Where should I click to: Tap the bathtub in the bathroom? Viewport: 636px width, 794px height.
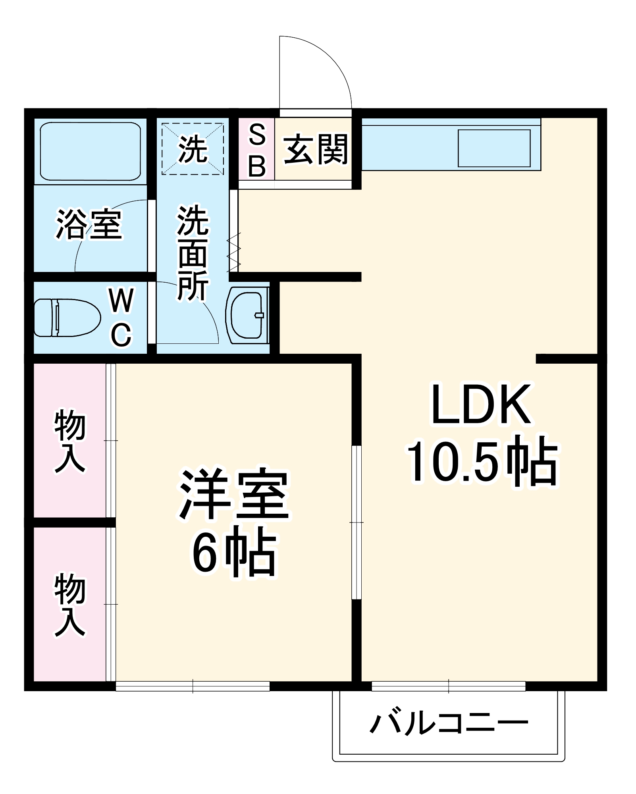click(x=91, y=151)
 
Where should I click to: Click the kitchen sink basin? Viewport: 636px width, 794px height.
click(x=494, y=148)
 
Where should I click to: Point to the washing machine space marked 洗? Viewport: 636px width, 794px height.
click(x=193, y=149)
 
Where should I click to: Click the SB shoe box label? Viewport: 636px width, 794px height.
click(x=257, y=150)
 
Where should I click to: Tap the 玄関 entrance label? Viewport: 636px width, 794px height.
click(x=315, y=150)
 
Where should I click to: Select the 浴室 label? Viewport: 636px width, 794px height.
click(x=89, y=224)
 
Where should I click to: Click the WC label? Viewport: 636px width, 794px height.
click(x=121, y=318)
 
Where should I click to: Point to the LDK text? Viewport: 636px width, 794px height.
click(x=481, y=405)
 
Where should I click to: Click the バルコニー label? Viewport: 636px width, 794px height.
click(x=449, y=723)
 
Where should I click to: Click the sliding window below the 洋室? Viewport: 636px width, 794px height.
click(x=193, y=686)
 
